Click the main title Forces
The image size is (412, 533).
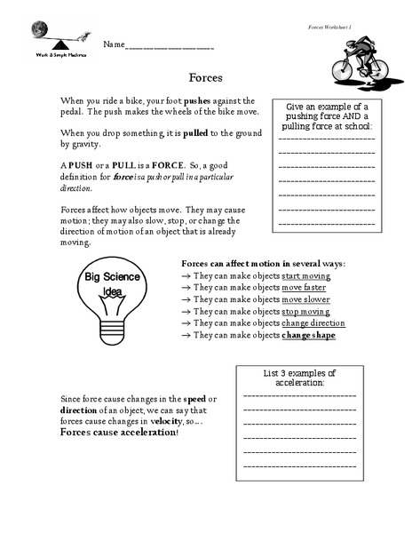pos(205,77)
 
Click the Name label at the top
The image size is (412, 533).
pos(113,44)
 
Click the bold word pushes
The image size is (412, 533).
pos(202,100)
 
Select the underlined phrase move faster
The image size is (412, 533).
pos(304,288)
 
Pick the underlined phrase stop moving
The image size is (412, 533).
pos(304,312)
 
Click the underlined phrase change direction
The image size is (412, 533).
pos(313,323)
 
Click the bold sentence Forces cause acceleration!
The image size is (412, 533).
pos(119,433)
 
